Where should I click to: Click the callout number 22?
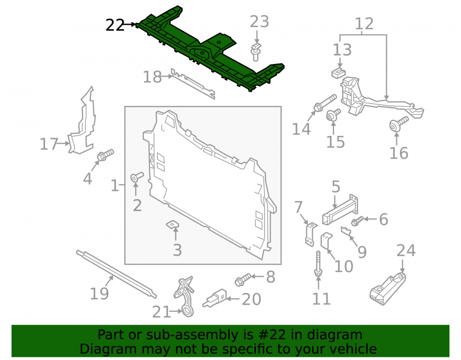(115, 25)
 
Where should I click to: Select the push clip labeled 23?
(256, 52)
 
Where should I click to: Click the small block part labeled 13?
(338, 72)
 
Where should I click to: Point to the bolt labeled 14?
(325, 103)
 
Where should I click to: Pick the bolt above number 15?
(333, 115)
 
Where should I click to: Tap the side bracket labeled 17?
(82, 120)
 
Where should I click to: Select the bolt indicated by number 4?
(105, 155)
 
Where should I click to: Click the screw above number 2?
(137, 177)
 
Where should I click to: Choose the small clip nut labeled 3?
(172, 224)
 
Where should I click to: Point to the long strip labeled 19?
(117, 274)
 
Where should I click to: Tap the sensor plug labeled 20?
(215, 297)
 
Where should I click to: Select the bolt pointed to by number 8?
(243, 280)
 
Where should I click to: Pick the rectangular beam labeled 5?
(340, 210)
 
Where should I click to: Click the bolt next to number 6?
(358, 221)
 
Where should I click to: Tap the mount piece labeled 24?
(388, 289)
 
